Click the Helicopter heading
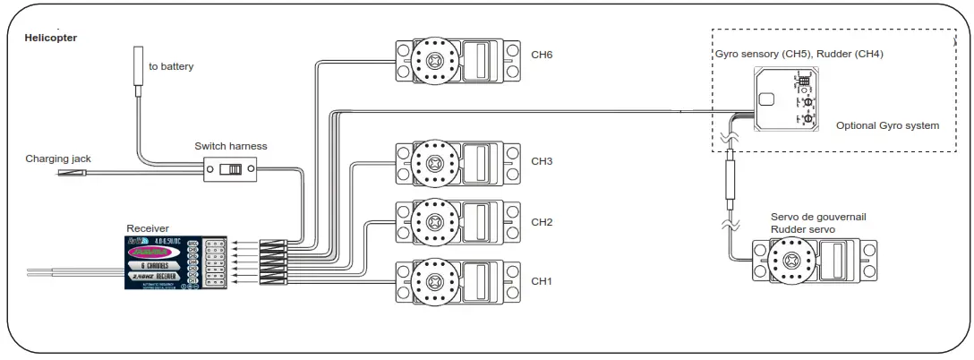50,38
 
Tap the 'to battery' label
171,66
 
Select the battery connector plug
139,64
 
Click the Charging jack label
58,159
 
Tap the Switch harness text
230,146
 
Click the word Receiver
148,228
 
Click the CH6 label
542,55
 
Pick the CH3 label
542,161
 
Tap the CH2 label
542,221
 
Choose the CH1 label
542,281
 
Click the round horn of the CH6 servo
435,61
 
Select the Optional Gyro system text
887,125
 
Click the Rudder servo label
803,229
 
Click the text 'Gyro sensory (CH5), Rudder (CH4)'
799,54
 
